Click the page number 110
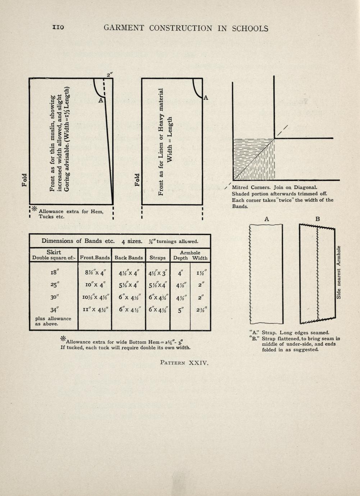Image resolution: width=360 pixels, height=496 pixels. click(x=58, y=27)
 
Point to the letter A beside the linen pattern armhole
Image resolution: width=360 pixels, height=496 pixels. click(x=206, y=97)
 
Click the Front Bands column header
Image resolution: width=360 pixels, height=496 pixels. click(x=95, y=258)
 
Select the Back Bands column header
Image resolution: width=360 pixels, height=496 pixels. click(x=128, y=258)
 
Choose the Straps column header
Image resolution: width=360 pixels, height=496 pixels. click(x=158, y=258)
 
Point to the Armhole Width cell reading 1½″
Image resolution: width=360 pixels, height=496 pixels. click(x=201, y=273)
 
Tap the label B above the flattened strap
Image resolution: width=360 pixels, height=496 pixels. click(x=318, y=219)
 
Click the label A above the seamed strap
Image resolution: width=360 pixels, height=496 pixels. click(x=266, y=219)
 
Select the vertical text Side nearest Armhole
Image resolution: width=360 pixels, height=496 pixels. click(x=338, y=272)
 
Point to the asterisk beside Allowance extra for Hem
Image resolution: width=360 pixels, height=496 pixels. click(x=34, y=209)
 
